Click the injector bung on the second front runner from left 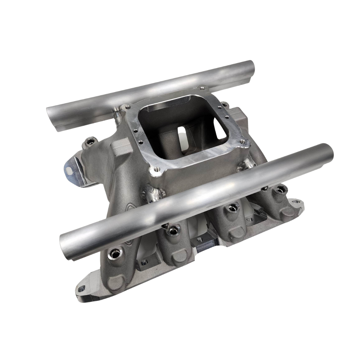pos(173,230)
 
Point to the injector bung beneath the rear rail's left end pos(90,142)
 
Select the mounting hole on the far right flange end pos(296,202)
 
